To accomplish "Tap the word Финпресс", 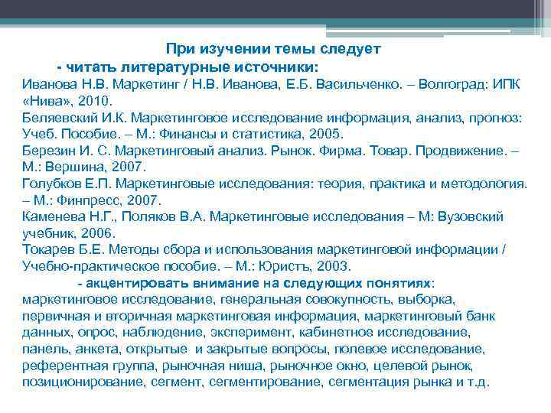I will pyautogui.click(x=93, y=200).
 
